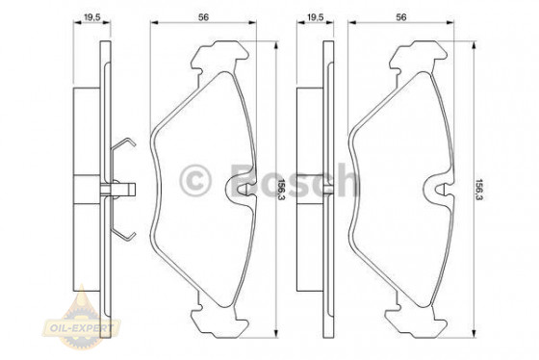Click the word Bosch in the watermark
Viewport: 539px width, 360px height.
point(297,180)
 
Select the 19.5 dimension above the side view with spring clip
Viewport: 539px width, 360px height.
point(92,16)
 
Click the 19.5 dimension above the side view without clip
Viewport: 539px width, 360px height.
point(313,16)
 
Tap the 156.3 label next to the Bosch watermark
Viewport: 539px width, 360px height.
point(282,180)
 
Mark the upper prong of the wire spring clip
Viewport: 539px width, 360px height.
point(122,146)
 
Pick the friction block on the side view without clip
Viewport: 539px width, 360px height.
point(308,183)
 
